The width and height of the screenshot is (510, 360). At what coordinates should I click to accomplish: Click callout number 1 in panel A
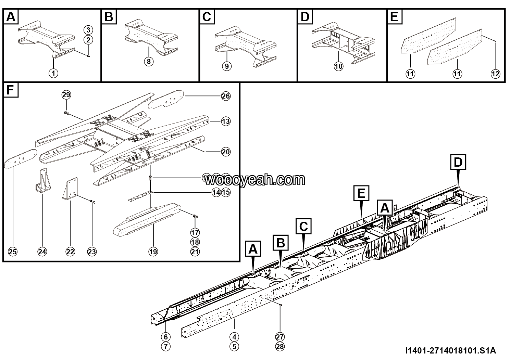(x=53, y=73)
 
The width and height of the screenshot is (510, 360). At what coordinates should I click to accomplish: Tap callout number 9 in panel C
(x=226, y=66)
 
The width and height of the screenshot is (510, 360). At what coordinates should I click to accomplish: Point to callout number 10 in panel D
(x=338, y=66)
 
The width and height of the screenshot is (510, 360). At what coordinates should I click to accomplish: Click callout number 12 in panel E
(x=495, y=73)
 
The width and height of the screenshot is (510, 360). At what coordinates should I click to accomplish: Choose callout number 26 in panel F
(x=226, y=97)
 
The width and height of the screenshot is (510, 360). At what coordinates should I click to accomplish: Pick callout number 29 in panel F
(x=66, y=94)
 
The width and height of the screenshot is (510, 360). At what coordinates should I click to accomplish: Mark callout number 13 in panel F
(x=226, y=121)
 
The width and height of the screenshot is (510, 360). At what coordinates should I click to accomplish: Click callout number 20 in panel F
(x=226, y=152)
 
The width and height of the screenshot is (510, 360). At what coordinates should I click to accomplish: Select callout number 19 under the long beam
(x=153, y=252)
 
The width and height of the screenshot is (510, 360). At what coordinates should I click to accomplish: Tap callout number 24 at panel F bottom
(x=42, y=252)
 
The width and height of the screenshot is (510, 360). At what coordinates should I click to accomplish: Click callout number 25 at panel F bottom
(x=12, y=252)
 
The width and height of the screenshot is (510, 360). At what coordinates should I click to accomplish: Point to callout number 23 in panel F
(x=92, y=252)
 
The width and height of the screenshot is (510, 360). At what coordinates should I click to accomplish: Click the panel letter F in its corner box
(x=10, y=91)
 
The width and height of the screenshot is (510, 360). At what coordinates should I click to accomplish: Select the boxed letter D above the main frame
(x=458, y=162)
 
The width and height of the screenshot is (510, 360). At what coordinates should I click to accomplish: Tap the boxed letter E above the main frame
(x=361, y=193)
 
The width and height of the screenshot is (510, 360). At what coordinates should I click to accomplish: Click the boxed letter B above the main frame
(x=280, y=243)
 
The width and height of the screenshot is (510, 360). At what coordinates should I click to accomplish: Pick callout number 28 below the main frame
(x=280, y=346)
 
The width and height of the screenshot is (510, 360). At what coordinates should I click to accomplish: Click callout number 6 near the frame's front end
(x=165, y=336)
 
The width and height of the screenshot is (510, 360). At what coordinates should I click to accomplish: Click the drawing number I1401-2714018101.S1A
(x=450, y=351)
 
